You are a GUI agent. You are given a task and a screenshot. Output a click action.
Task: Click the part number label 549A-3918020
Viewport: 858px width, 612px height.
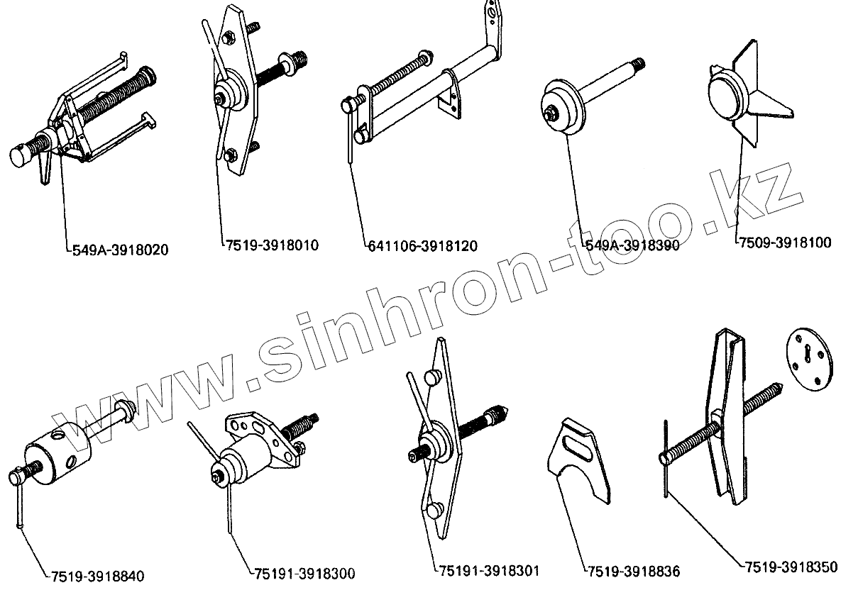(x=121, y=250)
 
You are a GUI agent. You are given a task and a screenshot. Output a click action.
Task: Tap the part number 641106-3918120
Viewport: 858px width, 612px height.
(x=423, y=246)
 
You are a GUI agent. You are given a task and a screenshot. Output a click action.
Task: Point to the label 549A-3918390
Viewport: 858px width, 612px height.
(x=632, y=245)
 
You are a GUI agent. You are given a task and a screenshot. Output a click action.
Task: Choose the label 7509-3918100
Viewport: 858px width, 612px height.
(x=785, y=243)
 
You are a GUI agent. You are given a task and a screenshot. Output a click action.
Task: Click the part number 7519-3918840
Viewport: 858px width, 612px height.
(x=98, y=575)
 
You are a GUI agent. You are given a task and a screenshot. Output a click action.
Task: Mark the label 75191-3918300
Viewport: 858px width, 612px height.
(x=304, y=573)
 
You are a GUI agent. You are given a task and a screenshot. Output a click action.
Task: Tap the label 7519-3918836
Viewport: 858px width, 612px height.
(x=634, y=571)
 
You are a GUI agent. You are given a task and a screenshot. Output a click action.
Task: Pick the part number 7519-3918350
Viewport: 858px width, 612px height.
(x=791, y=567)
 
